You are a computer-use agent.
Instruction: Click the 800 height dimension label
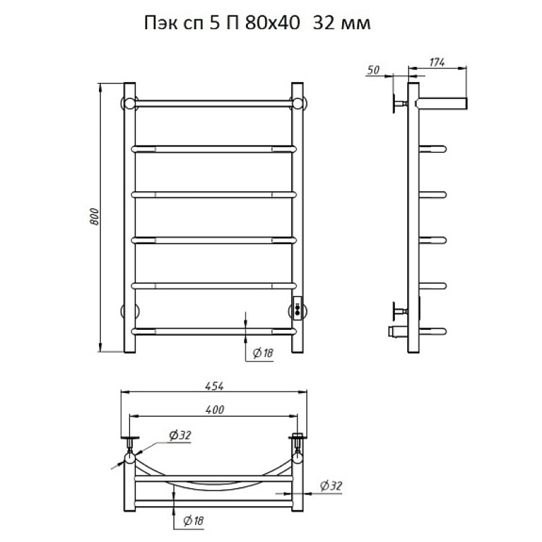[94, 217]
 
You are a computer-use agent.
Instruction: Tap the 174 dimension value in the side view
[437, 62]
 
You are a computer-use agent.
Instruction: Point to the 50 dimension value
[373, 70]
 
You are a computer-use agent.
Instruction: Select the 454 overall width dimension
[214, 386]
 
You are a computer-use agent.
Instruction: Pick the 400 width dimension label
[215, 410]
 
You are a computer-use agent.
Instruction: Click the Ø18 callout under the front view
[263, 353]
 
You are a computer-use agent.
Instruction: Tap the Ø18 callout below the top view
[193, 520]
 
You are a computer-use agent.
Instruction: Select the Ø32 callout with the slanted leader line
[180, 435]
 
